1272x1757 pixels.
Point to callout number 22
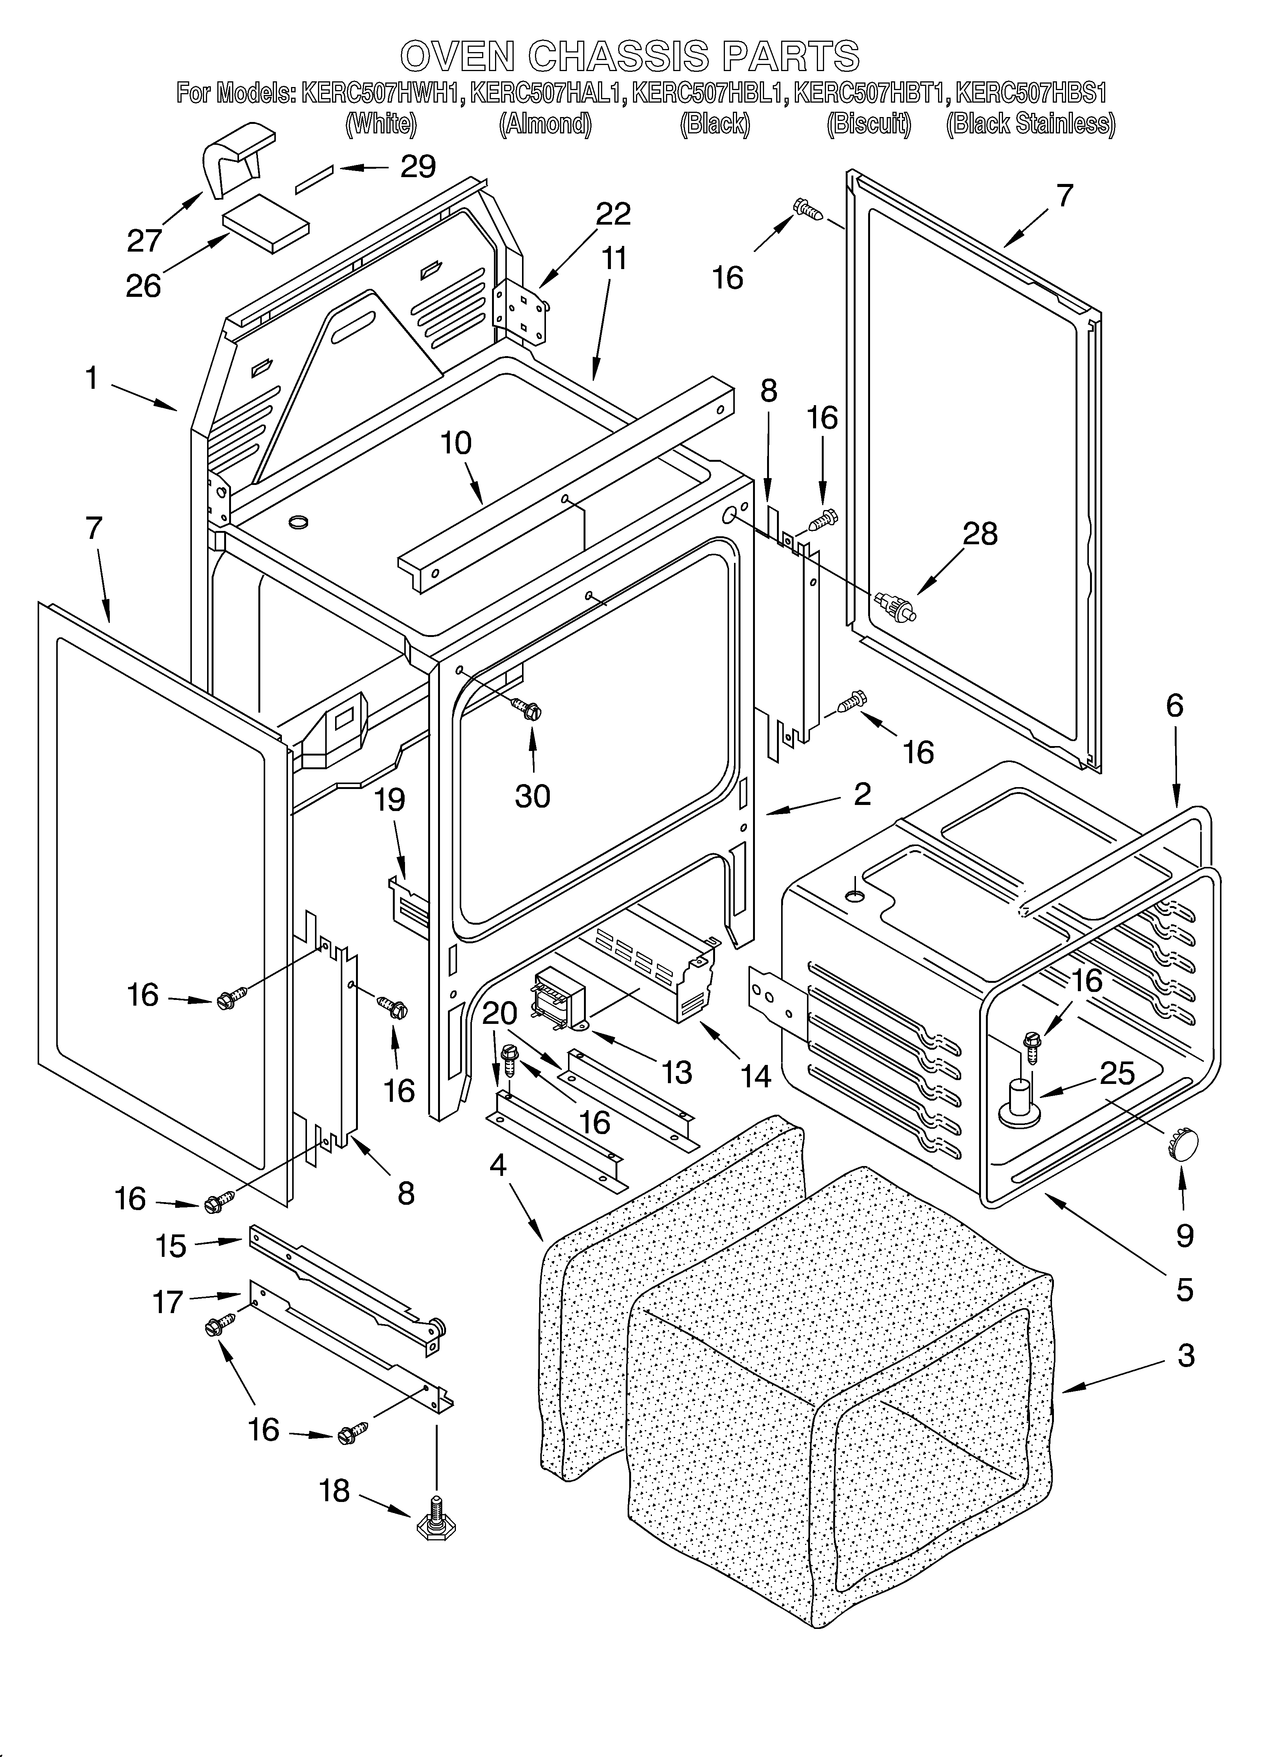(613, 214)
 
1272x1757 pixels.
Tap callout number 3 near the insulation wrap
(1185, 1356)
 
